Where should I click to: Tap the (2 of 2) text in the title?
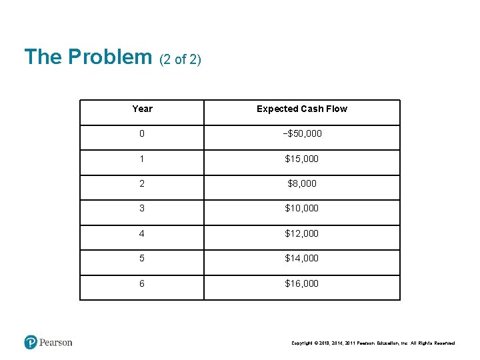180,59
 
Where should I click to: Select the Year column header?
142,109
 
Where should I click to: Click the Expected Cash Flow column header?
302,109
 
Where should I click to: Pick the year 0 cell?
142,133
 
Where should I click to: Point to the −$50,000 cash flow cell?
302,133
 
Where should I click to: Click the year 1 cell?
142,159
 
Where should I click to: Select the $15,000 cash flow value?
302,159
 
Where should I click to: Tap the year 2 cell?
142,183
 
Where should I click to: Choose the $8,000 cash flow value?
302,183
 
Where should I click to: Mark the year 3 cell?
142,208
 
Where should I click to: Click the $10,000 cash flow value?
302,208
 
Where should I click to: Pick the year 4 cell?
142,233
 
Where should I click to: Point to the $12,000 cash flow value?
302,233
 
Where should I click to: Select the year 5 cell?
142,258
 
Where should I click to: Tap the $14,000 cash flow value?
302,258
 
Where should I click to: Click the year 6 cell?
142,283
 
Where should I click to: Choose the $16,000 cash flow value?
302,283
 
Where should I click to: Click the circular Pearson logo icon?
31,343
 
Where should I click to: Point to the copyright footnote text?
373,343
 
